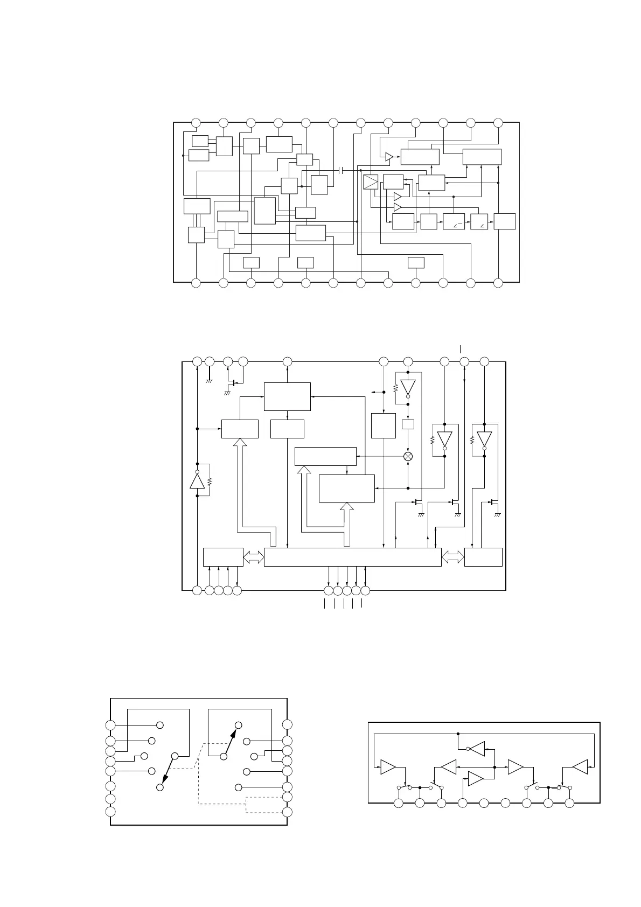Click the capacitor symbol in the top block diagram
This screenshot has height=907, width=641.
point(341,170)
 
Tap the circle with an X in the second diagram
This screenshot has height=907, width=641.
point(408,456)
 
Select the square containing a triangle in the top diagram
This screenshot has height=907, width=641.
point(371,182)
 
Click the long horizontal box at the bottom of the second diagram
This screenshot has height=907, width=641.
point(352,557)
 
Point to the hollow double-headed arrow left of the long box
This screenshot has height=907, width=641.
point(253,557)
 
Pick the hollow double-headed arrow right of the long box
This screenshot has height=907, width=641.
point(452,557)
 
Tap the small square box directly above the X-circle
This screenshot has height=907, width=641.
point(408,424)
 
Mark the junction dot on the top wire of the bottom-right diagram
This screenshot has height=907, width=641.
point(457,734)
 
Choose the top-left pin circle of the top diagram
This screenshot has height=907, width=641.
point(196,122)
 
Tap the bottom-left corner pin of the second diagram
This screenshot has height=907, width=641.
point(197,591)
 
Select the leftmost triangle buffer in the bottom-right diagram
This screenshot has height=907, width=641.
point(388,767)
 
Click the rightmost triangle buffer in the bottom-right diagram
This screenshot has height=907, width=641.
point(580,767)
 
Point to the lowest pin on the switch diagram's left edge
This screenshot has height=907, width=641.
point(110,812)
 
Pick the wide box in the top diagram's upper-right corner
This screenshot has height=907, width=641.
point(482,157)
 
